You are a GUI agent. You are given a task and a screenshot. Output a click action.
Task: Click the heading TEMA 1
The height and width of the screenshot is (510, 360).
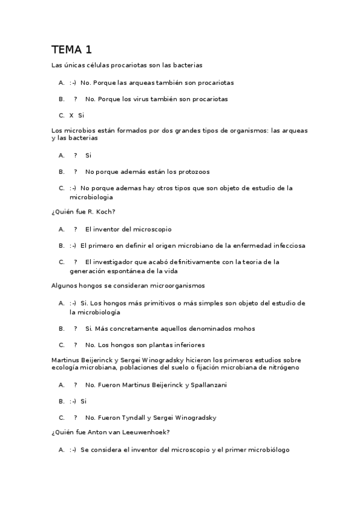pos(72,49)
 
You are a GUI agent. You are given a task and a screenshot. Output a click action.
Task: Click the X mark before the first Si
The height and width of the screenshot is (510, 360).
pos(72,115)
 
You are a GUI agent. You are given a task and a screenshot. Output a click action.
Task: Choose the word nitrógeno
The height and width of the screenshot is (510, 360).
pos(282,367)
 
